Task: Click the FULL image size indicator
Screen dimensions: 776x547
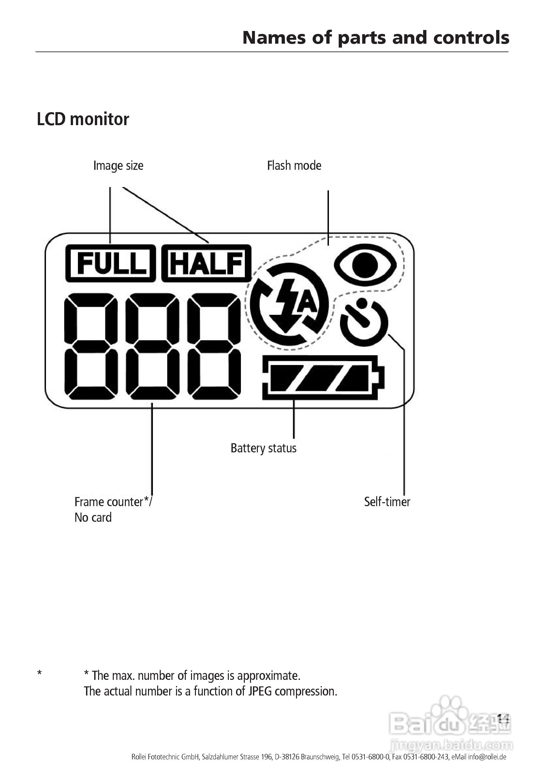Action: click(111, 263)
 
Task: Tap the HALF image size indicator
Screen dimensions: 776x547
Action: click(206, 263)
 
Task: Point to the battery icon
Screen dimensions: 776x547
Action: click(323, 377)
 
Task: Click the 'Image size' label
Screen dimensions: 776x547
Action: click(118, 166)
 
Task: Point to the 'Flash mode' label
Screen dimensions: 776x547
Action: click(294, 166)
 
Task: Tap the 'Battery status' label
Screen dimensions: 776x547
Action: click(263, 448)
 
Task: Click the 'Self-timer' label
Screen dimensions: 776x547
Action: click(387, 502)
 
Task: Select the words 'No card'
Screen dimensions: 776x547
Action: click(93, 518)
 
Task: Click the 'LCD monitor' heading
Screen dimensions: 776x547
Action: click(83, 119)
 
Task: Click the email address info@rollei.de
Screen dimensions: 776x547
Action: click(487, 757)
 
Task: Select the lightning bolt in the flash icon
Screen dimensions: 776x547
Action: click(285, 302)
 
